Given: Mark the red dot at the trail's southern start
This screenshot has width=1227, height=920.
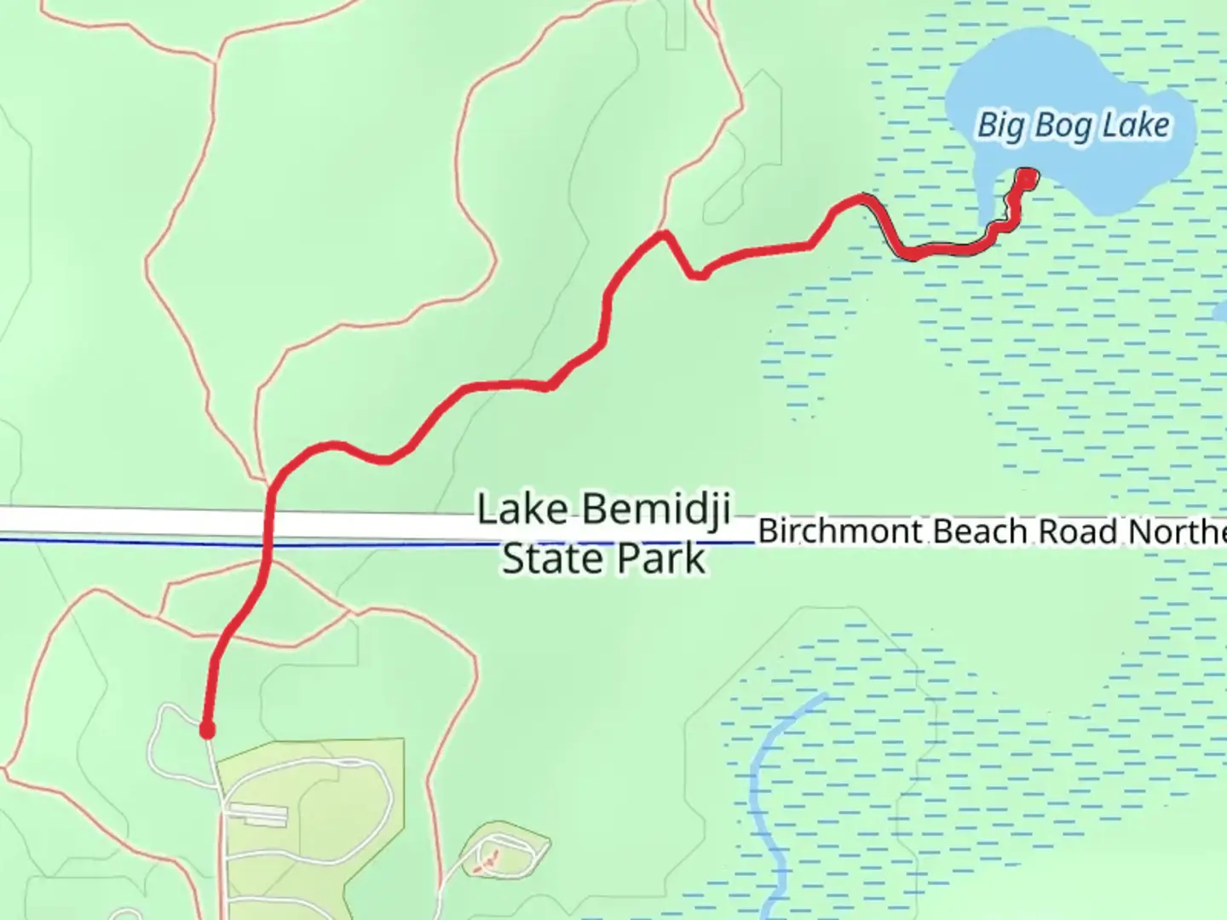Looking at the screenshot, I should (x=206, y=730).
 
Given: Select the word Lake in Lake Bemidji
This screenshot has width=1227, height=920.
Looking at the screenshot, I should (x=521, y=509).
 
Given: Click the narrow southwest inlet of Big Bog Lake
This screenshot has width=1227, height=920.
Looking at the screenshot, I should (x=985, y=204).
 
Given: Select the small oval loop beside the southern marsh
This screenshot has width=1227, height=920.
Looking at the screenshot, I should (x=504, y=852).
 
